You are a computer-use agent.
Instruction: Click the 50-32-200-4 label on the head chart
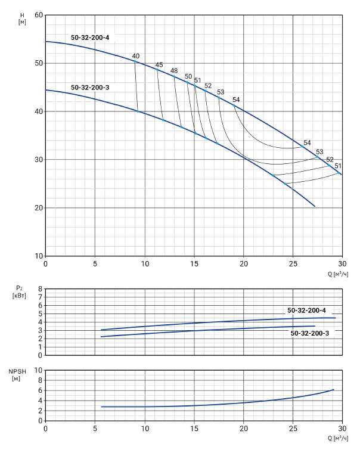pos(90,38)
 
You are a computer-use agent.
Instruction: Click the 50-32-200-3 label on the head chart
pos(90,88)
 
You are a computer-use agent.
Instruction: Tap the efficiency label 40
pos(136,56)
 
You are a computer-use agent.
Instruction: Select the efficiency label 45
pos(159,64)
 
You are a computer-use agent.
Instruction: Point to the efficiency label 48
pos(174,71)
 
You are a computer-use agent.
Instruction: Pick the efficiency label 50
pos(188,76)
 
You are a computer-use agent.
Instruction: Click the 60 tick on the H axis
pos(39,15)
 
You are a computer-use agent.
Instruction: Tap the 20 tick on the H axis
pos(39,207)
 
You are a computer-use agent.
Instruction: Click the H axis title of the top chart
pos(22,18)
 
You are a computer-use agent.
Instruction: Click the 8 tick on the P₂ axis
pos(40,289)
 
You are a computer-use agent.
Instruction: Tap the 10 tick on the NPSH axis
pos(39,370)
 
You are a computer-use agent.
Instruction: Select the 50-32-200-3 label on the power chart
pos(310,333)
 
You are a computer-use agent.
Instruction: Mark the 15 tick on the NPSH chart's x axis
pos(194,428)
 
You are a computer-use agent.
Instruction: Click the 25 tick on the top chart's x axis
pos(293,263)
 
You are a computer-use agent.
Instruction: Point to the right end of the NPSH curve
pos(333,390)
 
